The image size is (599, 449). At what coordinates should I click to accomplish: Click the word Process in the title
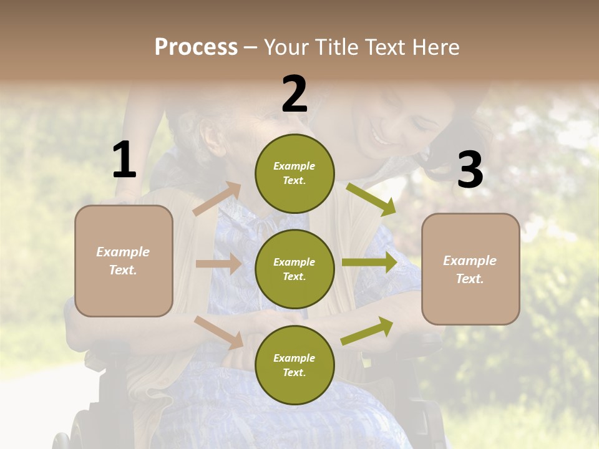(x=196, y=47)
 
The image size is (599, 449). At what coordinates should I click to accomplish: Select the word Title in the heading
(x=334, y=47)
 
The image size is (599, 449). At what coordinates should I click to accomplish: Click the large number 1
(x=124, y=160)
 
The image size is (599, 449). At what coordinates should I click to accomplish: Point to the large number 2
(x=295, y=94)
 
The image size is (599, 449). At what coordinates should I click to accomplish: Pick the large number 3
(x=470, y=170)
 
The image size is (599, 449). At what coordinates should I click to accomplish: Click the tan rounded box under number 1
(x=124, y=261)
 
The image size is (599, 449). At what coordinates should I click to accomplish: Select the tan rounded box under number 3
(x=470, y=269)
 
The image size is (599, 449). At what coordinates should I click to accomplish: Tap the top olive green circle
(x=295, y=173)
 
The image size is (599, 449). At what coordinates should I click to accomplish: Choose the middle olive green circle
(x=295, y=269)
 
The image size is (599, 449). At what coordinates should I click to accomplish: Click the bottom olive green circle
(x=295, y=365)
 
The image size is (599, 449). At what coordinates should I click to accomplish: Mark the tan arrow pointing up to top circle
(x=217, y=199)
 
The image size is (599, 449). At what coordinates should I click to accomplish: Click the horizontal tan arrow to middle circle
(x=218, y=264)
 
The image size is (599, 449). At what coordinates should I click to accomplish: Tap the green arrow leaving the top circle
(x=371, y=199)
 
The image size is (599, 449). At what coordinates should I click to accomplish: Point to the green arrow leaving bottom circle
(x=368, y=330)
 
